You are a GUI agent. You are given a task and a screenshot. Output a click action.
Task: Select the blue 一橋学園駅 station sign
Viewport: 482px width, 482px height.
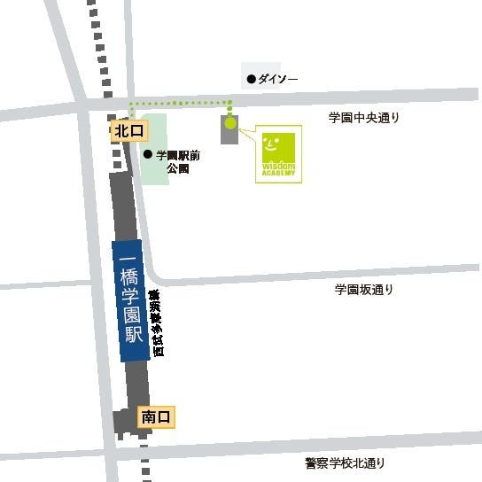click(130, 300)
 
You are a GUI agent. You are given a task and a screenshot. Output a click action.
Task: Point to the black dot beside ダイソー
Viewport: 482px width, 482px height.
click(252, 79)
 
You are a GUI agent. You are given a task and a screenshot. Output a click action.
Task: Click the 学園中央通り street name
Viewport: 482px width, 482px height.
click(363, 118)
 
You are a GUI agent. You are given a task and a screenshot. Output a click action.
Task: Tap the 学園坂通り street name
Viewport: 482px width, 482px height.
click(363, 290)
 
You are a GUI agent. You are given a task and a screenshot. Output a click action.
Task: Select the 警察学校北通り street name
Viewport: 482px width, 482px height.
click(346, 463)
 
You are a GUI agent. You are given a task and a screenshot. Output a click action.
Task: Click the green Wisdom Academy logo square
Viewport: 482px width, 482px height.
click(278, 153)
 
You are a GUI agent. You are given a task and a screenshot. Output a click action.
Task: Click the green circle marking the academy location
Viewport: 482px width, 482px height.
click(230, 123)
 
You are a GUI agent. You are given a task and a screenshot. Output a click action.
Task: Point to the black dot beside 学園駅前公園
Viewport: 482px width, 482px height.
click(147, 154)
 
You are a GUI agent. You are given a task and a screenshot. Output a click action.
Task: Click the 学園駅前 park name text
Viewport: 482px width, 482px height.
click(178, 154)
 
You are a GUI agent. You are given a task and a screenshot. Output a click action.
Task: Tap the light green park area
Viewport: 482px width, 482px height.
click(156, 174)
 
